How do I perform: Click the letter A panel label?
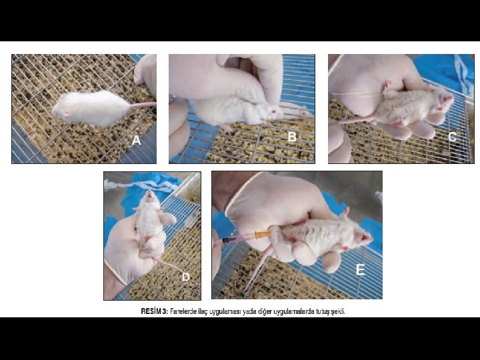coord(136,140)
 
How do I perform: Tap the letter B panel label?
coord(292,137)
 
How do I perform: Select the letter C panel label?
coord(452,137)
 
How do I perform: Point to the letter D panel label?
coord(186,277)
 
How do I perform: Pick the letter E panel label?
coord(360,270)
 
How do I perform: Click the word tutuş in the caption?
coord(323,312)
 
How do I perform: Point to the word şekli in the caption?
coord(338,312)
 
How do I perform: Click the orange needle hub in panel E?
coord(263,234)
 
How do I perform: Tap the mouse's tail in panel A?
coord(143,105)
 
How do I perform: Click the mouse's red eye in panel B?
coord(273,111)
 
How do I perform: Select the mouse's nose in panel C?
coord(450,98)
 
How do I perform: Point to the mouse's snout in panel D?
coord(150,194)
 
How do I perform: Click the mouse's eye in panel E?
coord(362,237)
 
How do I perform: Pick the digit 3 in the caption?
coord(165,311)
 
